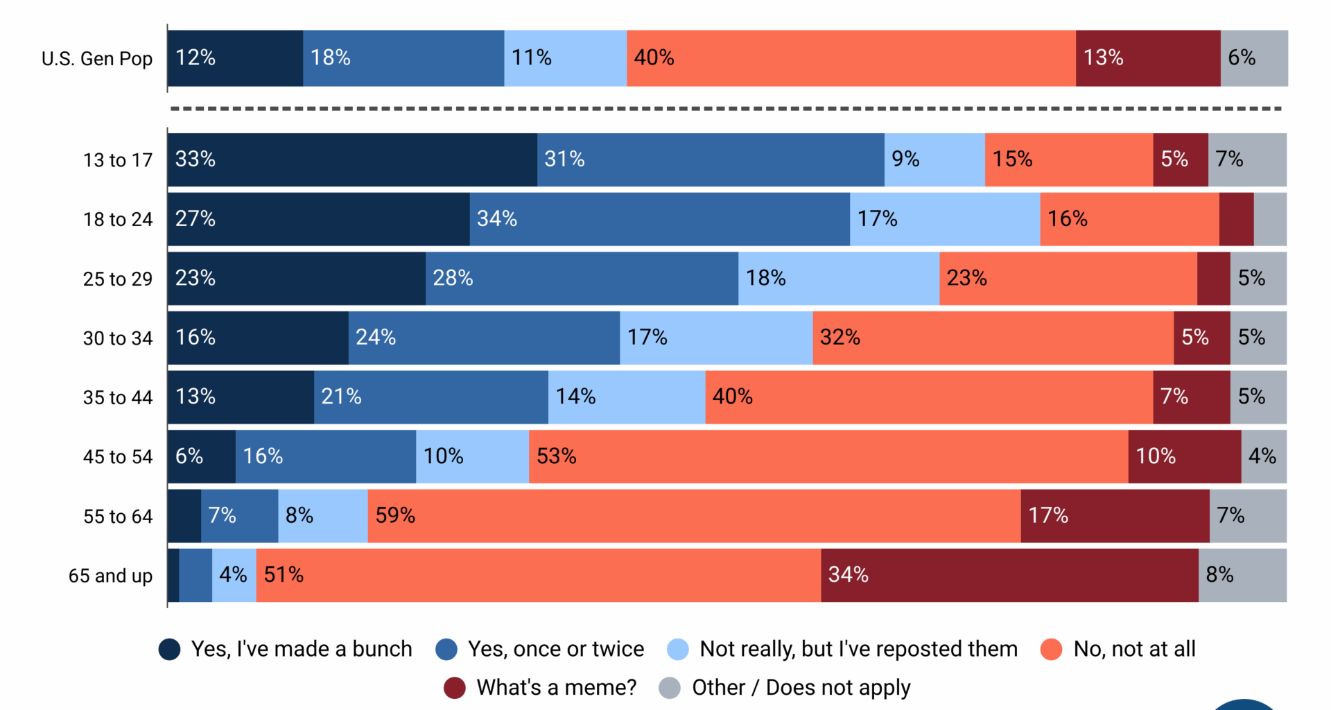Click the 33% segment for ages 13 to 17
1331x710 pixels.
click(x=352, y=159)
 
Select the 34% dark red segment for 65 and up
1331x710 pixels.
click(x=1009, y=575)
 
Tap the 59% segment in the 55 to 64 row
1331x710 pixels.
click(x=694, y=516)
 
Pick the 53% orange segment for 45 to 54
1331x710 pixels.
click(x=828, y=456)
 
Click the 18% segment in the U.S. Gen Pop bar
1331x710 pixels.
click(x=403, y=58)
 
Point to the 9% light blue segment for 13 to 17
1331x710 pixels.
click(x=934, y=159)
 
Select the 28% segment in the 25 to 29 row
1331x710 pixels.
click(x=582, y=278)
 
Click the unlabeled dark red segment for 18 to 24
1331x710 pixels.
click(x=1236, y=219)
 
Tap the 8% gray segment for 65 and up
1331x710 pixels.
click(x=1242, y=575)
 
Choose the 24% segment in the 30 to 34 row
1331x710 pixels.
click(x=484, y=338)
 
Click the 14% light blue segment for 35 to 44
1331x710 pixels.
click(x=627, y=397)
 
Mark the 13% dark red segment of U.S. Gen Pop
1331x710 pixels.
click(x=1148, y=58)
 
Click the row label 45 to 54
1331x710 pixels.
click(x=118, y=457)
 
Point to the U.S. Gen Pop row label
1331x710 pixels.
click(x=97, y=59)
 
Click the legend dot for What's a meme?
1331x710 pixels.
click(x=454, y=688)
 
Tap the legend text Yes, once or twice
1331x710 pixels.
click(x=556, y=649)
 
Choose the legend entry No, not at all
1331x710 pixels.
click(x=1134, y=649)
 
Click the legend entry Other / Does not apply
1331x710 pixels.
click(x=801, y=688)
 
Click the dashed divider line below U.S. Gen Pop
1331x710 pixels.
click(x=726, y=109)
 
